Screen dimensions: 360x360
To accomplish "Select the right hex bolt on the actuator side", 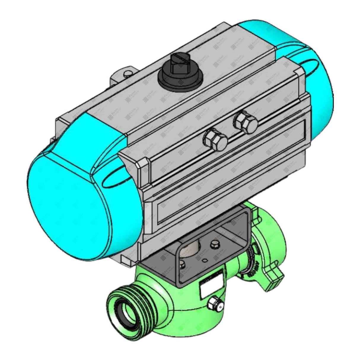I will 245,122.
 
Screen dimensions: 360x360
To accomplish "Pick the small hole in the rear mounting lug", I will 127,73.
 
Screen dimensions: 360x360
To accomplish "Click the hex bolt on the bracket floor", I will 214,244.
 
